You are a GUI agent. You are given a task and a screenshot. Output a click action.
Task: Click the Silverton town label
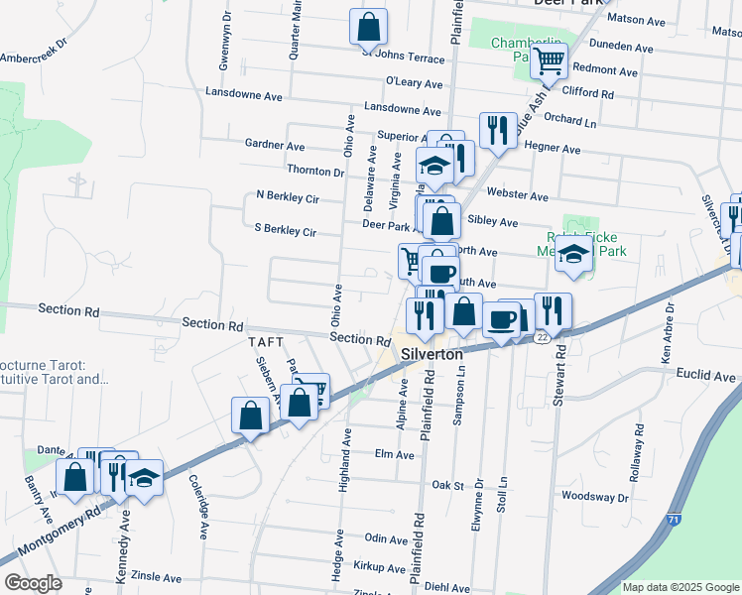point(432,354)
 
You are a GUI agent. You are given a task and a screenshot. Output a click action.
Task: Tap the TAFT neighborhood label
point(266,341)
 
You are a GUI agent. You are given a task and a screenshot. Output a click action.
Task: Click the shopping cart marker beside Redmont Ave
point(549,61)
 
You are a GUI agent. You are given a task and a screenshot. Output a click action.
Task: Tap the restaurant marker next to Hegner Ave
point(497,131)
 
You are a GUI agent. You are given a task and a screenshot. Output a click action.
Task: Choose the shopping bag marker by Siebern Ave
point(251,416)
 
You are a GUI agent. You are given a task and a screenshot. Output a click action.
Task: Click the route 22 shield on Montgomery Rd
point(542,338)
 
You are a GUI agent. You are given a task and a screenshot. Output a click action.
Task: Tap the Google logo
point(34,583)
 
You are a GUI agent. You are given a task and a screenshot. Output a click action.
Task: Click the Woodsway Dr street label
point(597,495)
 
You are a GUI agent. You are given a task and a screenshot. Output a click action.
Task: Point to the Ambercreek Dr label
point(32,52)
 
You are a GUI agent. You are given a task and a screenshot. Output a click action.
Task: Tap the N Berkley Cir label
point(287,196)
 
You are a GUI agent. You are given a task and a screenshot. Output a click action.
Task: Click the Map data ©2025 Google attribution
point(680,587)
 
